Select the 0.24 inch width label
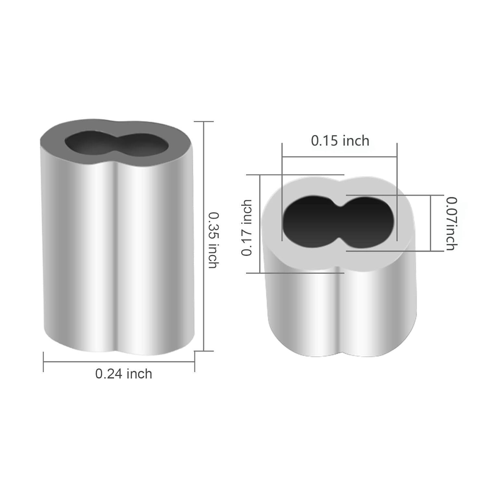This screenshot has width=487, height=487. [124, 374]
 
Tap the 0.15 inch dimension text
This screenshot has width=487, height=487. [340, 141]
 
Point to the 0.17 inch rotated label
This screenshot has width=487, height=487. [247, 228]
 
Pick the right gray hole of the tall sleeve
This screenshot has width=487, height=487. [143, 145]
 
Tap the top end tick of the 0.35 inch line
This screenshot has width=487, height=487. [204, 121]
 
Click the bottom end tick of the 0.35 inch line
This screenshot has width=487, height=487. [204, 351]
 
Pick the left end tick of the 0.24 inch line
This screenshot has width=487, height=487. [44, 362]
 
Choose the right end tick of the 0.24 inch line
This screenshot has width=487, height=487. [194, 362]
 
